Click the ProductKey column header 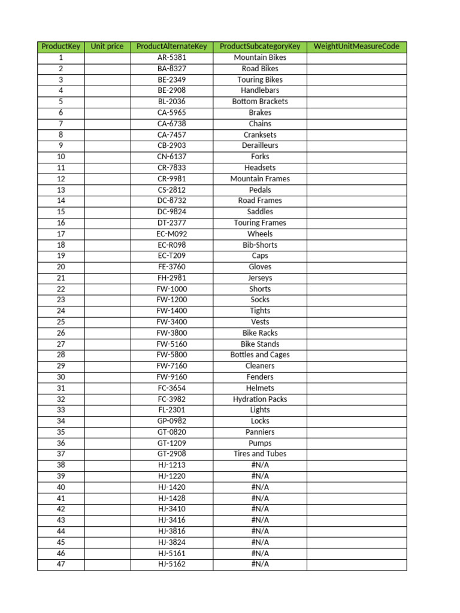[x=60, y=47]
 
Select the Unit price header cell [x=107, y=47]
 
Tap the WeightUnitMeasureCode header [x=356, y=47]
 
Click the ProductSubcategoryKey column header [x=260, y=47]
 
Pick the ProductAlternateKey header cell [x=172, y=47]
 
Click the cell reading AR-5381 [x=172, y=58]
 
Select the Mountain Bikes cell [x=260, y=58]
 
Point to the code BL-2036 [x=172, y=102]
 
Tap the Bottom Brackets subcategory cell [x=260, y=102]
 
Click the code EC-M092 [x=172, y=234]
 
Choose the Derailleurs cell [x=260, y=145]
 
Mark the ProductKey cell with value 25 [x=60, y=322]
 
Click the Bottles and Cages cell [x=260, y=355]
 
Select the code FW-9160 [x=172, y=377]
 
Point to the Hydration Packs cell [x=260, y=399]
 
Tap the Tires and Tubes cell [x=260, y=454]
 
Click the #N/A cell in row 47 [x=260, y=564]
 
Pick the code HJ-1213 [x=172, y=465]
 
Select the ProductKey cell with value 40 [x=60, y=487]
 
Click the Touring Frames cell [x=260, y=223]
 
